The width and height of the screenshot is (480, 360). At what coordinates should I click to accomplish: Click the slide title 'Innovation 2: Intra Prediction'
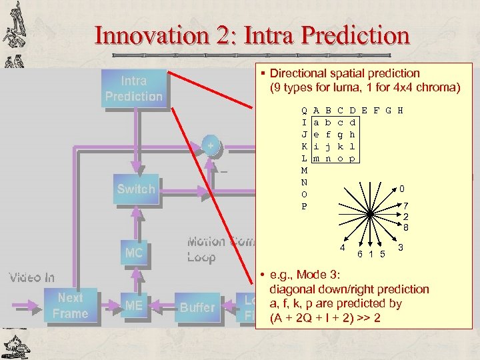pyautogui.click(x=252, y=34)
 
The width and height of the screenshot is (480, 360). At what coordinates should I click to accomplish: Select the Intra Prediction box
pyautogui.click(x=133, y=89)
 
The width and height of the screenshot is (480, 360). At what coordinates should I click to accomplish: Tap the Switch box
pyautogui.click(x=135, y=189)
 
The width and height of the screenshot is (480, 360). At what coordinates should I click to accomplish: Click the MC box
pyautogui.click(x=133, y=253)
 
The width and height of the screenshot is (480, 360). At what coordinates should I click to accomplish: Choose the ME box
pyautogui.click(x=133, y=306)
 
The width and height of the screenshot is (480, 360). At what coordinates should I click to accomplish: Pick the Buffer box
pyautogui.click(x=197, y=307)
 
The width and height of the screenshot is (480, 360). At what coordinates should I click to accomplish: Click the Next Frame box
pyautogui.click(x=70, y=306)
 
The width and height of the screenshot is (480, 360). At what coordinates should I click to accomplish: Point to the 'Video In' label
pyautogui.click(x=31, y=277)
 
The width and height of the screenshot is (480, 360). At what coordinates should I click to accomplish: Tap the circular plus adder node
pyautogui.click(x=211, y=145)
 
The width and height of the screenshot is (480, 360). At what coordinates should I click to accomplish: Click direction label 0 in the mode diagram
pyautogui.click(x=401, y=189)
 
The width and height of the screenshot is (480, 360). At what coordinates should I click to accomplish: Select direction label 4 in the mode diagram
pyautogui.click(x=342, y=248)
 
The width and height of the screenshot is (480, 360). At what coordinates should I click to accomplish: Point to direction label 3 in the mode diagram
pyautogui.click(x=401, y=248)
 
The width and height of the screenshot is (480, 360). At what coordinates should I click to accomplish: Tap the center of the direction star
pyautogui.click(x=371, y=214)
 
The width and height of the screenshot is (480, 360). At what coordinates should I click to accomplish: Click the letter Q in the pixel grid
pyautogui.click(x=304, y=111)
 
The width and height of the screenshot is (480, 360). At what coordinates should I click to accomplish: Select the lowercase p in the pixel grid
pyautogui.click(x=353, y=158)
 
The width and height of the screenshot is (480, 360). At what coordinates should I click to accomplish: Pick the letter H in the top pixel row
pyautogui.click(x=400, y=111)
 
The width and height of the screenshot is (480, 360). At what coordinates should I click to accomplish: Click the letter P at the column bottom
pyautogui.click(x=304, y=206)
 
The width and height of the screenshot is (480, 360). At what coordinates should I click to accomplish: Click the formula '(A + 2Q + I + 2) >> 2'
pyautogui.click(x=325, y=318)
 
